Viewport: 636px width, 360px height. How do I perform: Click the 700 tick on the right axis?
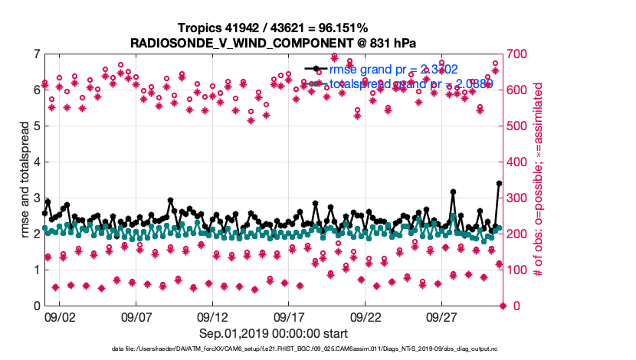click(523, 54)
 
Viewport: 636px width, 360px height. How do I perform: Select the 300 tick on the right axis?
click(523, 198)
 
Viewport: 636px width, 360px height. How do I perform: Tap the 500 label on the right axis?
click(523, 126)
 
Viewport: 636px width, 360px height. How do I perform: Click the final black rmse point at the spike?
click(499, 183)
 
